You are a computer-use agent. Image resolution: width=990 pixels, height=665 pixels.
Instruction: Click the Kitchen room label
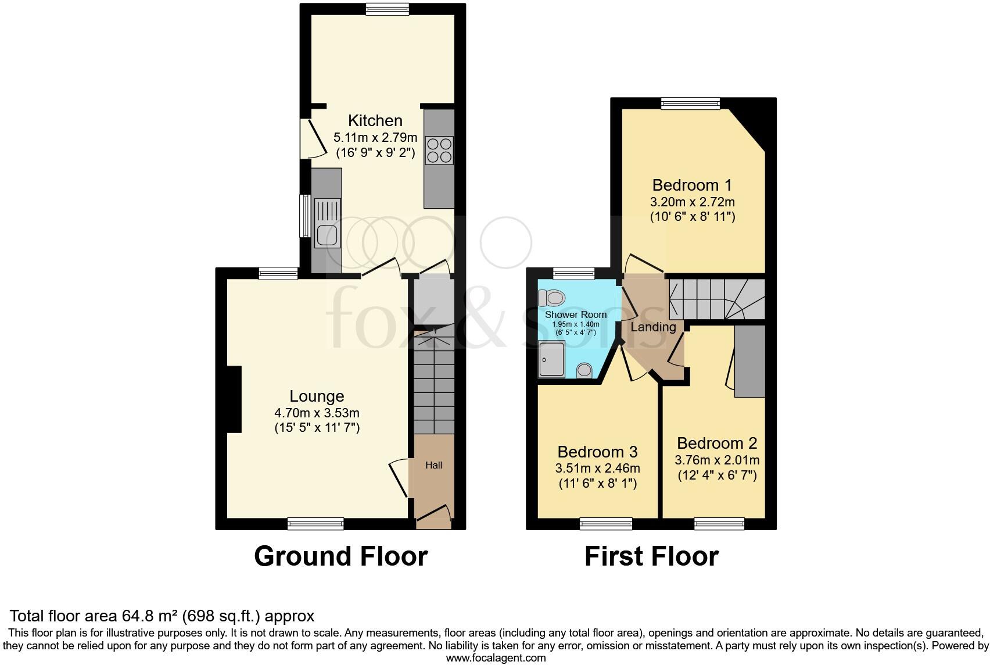coord(375,121)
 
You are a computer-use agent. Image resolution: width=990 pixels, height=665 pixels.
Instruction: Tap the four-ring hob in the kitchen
coord(439,149)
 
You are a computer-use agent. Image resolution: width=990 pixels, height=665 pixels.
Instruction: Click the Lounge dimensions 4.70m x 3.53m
coord(317,413)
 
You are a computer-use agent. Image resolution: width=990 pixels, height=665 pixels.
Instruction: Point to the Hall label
coord(433,465)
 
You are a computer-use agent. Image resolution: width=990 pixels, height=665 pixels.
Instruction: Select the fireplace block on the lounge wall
coord(234,399)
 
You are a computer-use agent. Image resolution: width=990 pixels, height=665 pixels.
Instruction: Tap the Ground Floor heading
coord(340,556)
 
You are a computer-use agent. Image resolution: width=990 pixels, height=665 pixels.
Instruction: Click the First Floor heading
coord(651,556)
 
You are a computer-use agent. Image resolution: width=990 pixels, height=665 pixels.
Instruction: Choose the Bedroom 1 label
coord(692,185)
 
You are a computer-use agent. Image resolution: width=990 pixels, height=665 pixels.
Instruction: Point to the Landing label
coord(653,327)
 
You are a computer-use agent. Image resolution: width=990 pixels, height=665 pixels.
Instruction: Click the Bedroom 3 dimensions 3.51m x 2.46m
coord(598,469)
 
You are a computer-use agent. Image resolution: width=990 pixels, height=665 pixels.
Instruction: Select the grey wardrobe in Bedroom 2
coord(749,362)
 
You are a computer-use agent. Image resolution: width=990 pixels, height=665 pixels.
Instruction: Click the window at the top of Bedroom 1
coord(690,103)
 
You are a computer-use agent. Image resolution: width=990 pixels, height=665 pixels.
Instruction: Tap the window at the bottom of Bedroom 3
coord(606,524)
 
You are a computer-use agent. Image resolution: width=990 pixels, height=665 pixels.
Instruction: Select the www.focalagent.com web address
coord(496,658)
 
